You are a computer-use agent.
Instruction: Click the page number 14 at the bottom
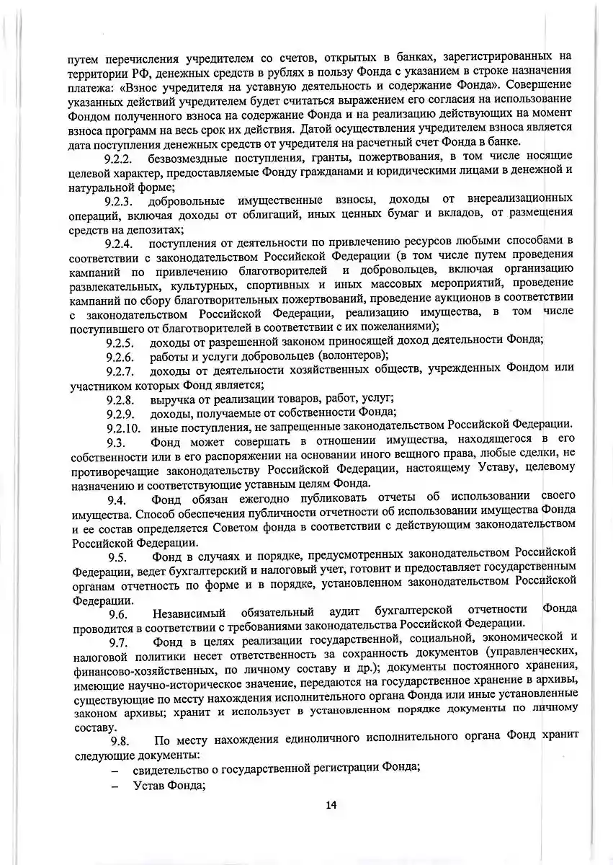(331, 806)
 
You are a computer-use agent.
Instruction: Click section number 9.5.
(118, 557)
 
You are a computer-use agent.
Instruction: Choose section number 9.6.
(118, 614)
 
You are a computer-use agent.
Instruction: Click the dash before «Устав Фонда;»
(115, 786)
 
